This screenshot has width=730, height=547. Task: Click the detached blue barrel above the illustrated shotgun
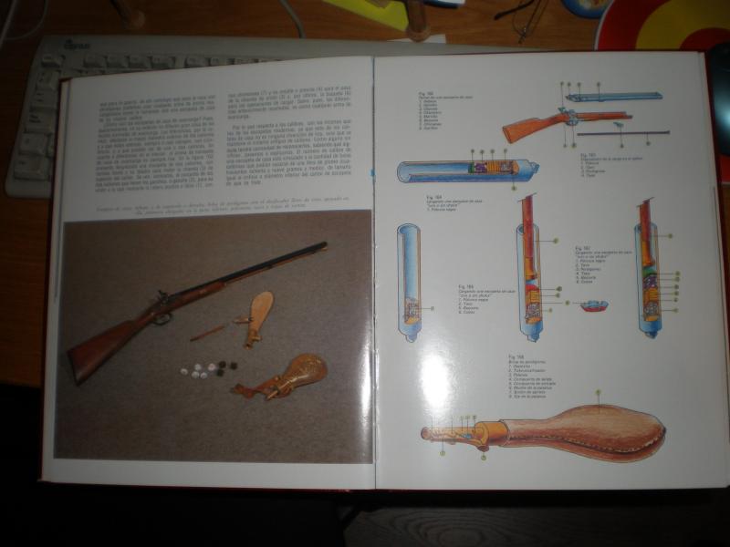click(614, 96)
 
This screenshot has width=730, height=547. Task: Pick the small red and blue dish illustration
click(591, 305)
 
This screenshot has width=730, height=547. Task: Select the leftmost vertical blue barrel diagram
click(408, 282)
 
